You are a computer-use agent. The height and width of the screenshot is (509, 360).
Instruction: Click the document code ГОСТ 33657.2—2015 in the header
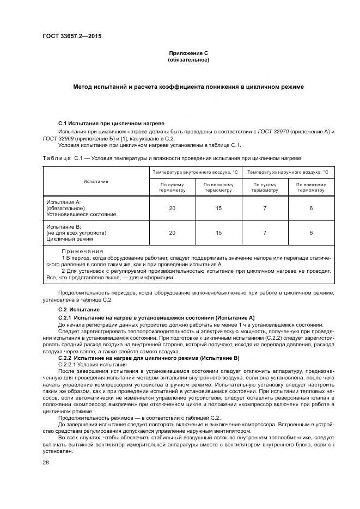click(71, 36)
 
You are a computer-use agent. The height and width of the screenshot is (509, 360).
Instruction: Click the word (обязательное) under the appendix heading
click(188, 59)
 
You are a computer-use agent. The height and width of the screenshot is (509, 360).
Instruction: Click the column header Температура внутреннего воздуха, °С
click(195, 172)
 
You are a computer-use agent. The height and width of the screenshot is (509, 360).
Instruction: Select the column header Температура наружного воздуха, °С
click(288, 172)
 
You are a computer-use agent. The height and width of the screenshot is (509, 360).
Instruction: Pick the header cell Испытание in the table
click(96, 181)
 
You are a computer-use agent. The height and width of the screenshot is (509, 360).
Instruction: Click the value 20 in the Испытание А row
click(173, 208)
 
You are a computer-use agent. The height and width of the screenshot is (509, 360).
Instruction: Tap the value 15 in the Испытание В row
click(219, 232)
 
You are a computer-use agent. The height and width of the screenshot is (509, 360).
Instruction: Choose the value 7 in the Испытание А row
click(264, 208)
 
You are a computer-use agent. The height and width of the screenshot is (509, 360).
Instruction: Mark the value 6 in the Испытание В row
click(311, 232)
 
